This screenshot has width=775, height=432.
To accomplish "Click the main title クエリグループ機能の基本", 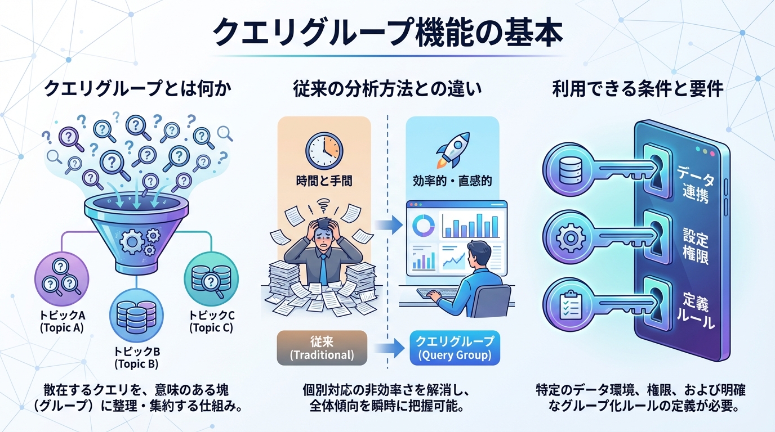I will tap(387, 33).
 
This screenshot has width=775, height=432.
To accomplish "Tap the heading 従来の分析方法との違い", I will tap(387, 88).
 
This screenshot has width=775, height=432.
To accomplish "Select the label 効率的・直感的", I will tap(452, 181).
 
